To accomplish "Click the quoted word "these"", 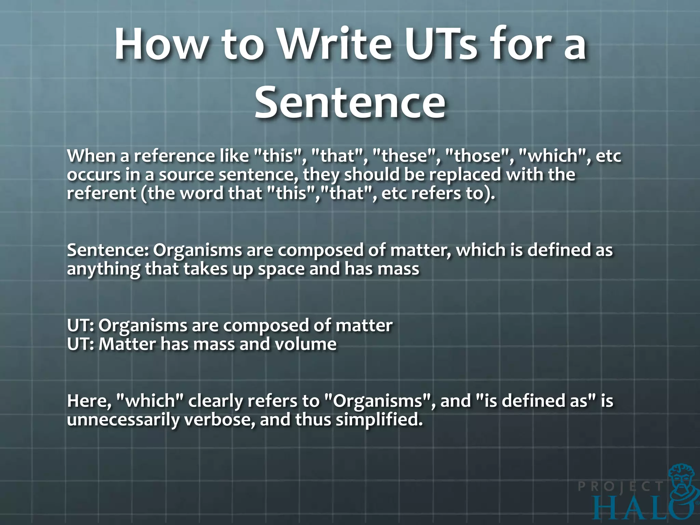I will (405, 156).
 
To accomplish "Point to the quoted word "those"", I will (479, 156).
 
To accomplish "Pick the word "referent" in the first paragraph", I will (101, 193).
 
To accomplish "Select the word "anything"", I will (103, 269).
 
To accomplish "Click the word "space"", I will (281, 269).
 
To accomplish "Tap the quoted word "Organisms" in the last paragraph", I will (378, 401).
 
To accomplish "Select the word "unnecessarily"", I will (123, 420).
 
